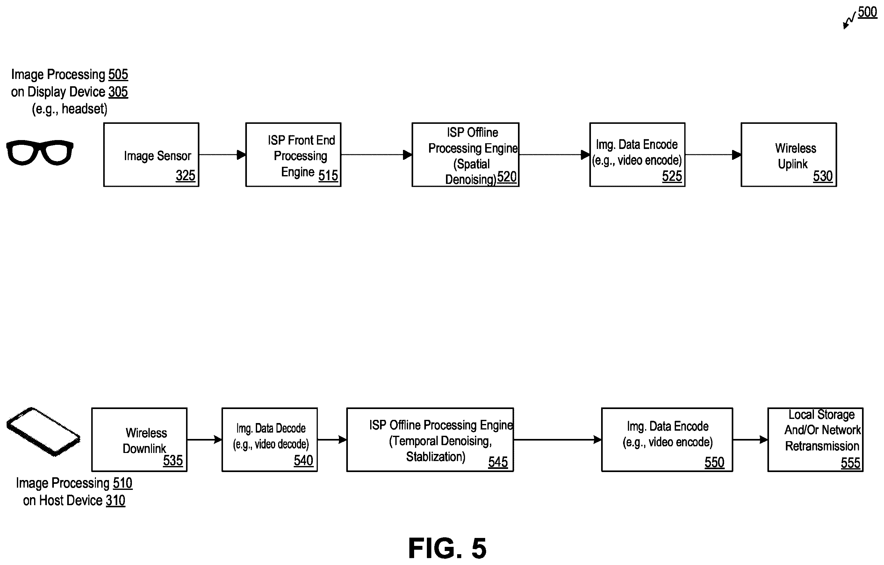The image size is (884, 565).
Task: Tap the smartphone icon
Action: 43,432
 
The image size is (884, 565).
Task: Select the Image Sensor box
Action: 151,155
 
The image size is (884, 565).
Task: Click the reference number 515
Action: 328,175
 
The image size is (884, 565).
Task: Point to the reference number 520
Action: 507,177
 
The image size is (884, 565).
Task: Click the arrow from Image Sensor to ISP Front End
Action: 222,155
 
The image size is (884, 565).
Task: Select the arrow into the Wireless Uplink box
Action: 713,155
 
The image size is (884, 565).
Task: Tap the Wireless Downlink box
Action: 139,440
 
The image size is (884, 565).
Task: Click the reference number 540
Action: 303,461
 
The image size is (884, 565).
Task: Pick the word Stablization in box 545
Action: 435,457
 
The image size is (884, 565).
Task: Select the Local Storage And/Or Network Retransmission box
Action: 815,440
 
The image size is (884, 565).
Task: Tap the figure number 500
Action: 867,12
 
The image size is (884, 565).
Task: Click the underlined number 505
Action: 118,74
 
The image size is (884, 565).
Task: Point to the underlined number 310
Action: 116,500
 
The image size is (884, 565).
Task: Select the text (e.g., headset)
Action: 70,109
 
